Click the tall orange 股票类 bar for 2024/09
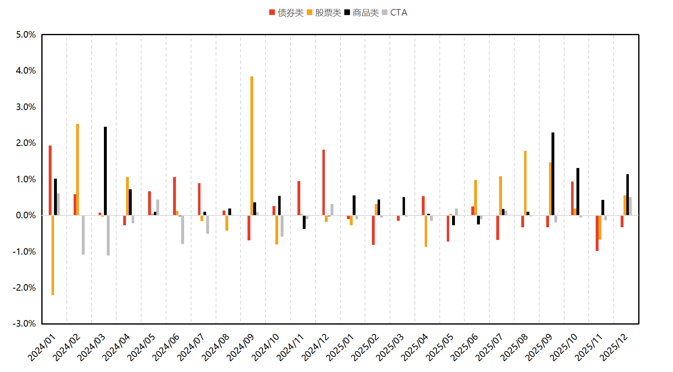252,146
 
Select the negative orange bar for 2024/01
53,255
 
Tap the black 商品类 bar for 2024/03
105,171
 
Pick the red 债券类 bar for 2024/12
324,182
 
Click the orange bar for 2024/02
78,170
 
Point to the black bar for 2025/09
553,174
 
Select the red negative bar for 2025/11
597,233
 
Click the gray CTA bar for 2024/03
108,235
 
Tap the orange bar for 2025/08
525,183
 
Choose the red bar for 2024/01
50,180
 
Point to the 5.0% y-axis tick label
26,35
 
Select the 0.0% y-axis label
26,215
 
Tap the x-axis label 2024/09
241,347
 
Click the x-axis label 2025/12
614,347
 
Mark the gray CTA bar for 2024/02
83,235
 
